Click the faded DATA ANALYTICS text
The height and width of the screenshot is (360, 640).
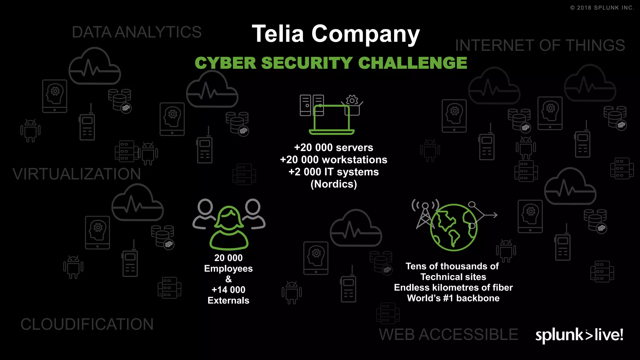tap(137, 32)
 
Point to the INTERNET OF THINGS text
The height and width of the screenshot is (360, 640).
tap(540, 46)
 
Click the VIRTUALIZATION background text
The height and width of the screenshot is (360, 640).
tap(77, 174)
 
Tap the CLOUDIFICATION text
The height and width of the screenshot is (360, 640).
tap(87, 324)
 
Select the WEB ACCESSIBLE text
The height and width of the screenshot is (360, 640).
tap(448, 335)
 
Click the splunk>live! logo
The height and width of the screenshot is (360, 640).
tap(579, 335)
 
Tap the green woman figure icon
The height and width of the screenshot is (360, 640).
tap(229, 228)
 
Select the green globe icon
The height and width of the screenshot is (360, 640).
tap(453, 227)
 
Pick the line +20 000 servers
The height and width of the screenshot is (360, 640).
tap(333, 147)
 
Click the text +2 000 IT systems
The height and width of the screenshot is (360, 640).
tap(333, 172)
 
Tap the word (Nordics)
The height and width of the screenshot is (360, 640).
tap(333, 184)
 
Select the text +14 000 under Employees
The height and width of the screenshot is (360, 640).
tap(228, 290)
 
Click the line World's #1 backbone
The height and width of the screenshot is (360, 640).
tap(453, 298)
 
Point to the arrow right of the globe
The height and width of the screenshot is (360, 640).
tap(491, 215)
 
